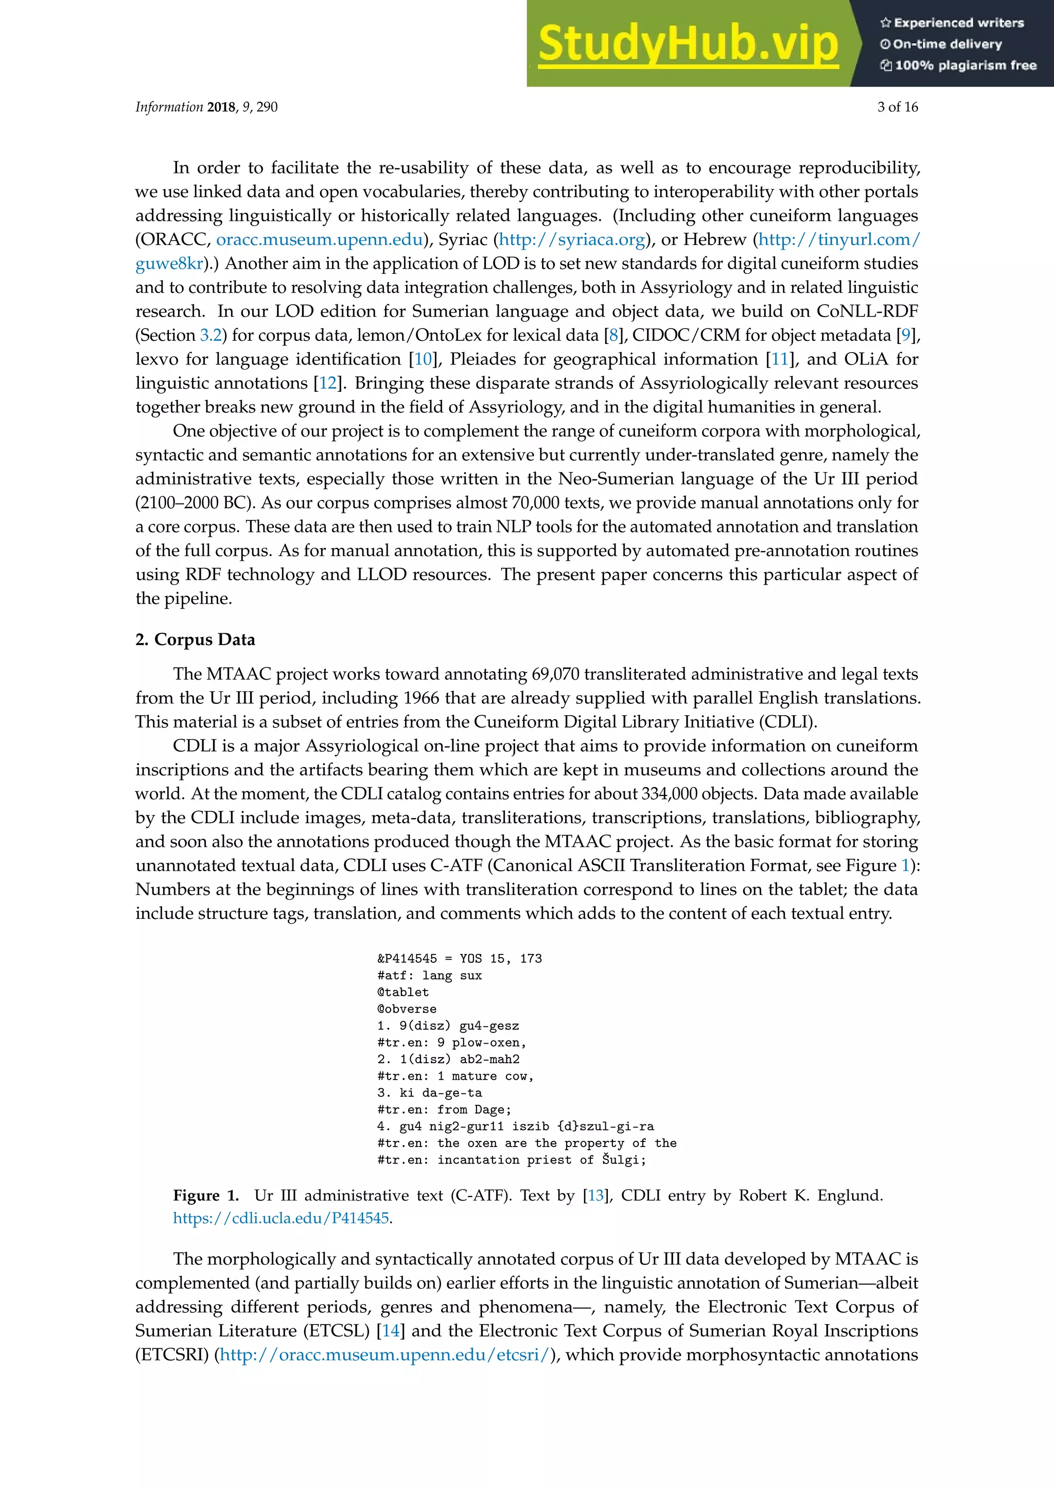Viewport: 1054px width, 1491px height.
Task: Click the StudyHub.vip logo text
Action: pos(688,44)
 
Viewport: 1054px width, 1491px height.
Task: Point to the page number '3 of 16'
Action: pos(898,107)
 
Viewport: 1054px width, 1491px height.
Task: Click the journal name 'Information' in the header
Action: pos(169,107)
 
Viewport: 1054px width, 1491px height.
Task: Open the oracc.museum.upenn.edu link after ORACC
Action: pos(319,239)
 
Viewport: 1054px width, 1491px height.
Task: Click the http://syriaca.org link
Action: pos(572,239)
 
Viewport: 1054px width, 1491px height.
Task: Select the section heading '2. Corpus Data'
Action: pos(195,639)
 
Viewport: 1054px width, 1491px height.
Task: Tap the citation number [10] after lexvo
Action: pos(423,359)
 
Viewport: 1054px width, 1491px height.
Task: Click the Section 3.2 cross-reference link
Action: pos(211,335)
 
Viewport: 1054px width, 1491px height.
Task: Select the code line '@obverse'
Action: pos(407,1009)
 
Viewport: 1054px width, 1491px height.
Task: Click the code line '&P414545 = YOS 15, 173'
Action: pos(460,959)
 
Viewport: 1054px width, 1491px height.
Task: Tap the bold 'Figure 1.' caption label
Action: pos(206,1195)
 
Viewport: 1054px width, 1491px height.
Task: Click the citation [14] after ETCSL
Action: pos(391,1330)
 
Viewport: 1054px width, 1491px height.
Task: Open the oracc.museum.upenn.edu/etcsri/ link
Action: pos(385,1355)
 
